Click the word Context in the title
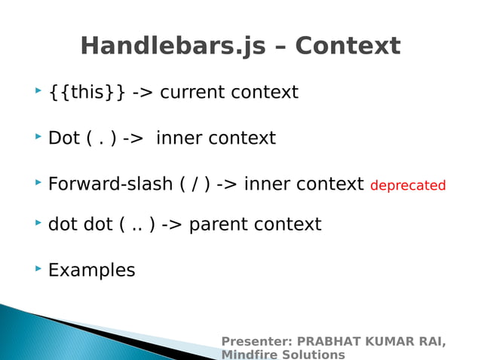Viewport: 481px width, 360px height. tap(348, 47)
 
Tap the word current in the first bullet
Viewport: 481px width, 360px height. tap(192, 93)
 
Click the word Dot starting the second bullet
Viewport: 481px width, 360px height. tap(64, 139)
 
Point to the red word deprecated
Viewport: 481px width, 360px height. tap(408, 185)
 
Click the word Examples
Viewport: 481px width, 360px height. tap(91, 270)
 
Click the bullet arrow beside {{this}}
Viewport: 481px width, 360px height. tap(38, 91)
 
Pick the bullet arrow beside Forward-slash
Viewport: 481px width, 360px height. tap(38, 182)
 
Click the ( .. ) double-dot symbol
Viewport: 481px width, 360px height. tap(137, 224)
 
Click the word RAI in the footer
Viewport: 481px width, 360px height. tap(430, 342)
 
